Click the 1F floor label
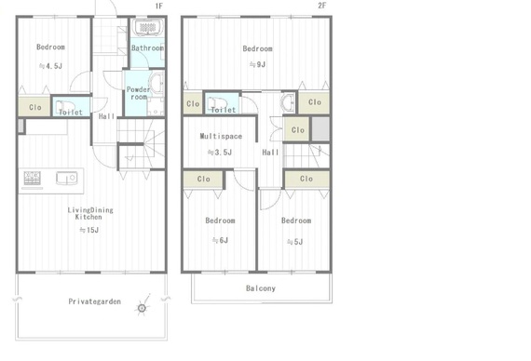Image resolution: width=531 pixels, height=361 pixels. tap(158, 6)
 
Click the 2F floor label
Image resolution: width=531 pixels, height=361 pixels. tap(321, 6)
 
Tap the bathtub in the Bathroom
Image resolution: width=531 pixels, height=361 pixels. tap(147, 27)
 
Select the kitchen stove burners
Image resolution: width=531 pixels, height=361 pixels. tap(33, 178)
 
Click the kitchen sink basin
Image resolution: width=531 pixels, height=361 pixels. tap(67, 178)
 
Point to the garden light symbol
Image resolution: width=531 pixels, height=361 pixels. tap(143, 308)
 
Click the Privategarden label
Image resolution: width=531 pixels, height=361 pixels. tap(94, 301)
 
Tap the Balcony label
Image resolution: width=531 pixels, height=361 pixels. tap(261, 288)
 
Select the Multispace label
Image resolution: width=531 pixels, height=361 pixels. tap(221, 136)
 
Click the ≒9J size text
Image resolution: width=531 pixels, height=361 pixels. tap(257, 64)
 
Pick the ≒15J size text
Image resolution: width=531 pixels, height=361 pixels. tap(89, 230)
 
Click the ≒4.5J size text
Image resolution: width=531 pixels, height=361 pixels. tap(50, 66)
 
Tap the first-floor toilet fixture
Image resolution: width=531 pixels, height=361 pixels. tap(64, 106)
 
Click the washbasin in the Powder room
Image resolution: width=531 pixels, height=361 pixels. tap(157, 83)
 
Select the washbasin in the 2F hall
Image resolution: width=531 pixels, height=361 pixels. tap(288, 102)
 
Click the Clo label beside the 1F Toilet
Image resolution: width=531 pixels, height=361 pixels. tap(35, 107)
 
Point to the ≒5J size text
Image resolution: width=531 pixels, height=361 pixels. tap(295, 242)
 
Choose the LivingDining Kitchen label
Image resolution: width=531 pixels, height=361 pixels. tap(90, 213)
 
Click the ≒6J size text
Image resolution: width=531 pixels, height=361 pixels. tap(220, 240)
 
